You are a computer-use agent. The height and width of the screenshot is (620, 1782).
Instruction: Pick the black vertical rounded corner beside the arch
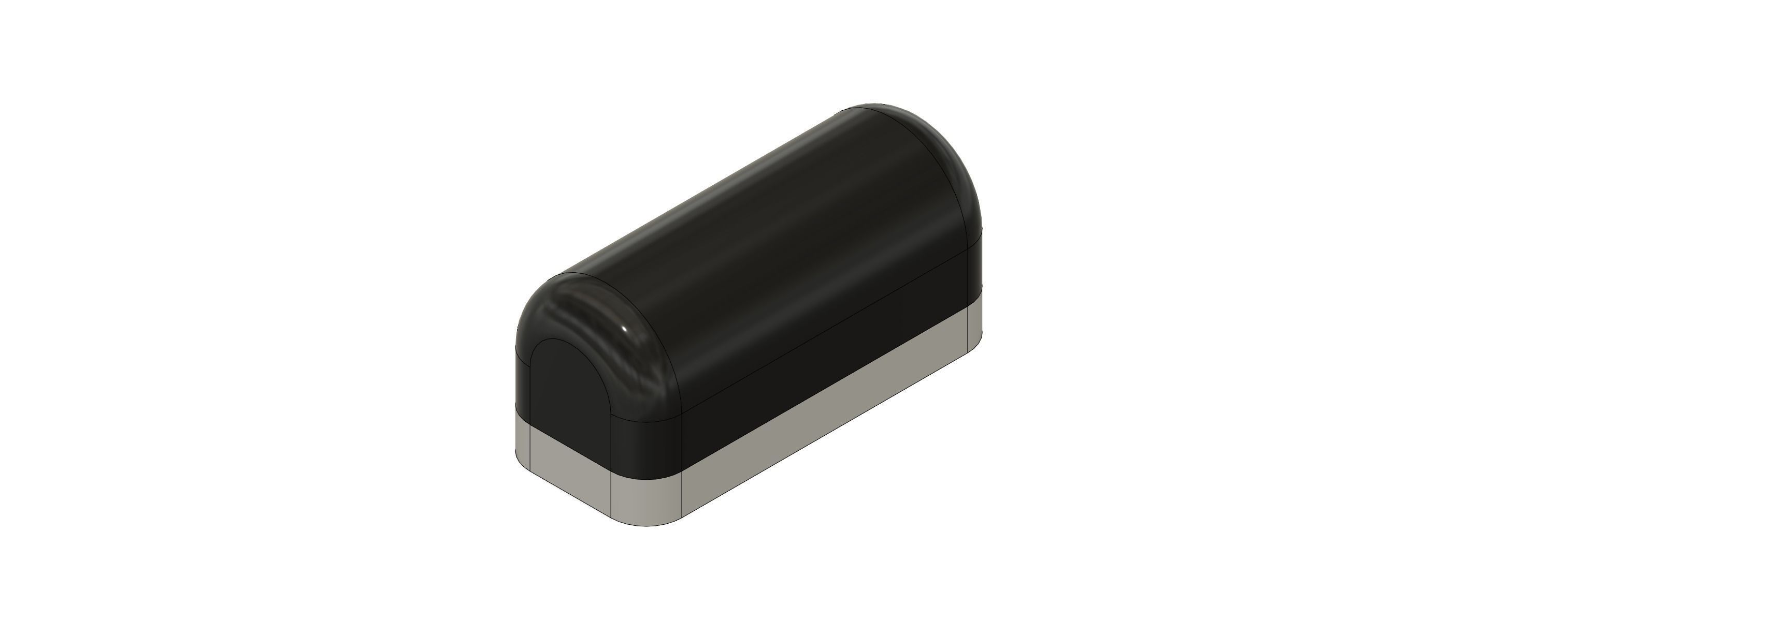click(647, 442)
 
